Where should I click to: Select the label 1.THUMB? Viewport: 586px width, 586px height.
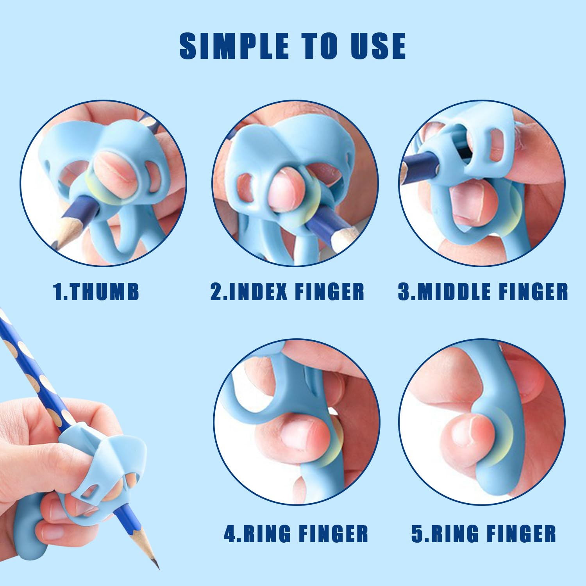point(96,292)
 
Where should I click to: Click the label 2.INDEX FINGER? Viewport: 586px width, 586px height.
point(287,292)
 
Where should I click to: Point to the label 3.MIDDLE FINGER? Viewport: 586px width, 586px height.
point(483,292)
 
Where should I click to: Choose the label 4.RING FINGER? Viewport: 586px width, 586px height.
point(296,534)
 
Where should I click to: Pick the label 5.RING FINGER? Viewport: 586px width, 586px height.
point(483,534)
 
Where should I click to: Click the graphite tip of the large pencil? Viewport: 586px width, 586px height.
point(156,565)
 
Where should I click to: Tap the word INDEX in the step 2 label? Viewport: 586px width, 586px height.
point(258,292)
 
